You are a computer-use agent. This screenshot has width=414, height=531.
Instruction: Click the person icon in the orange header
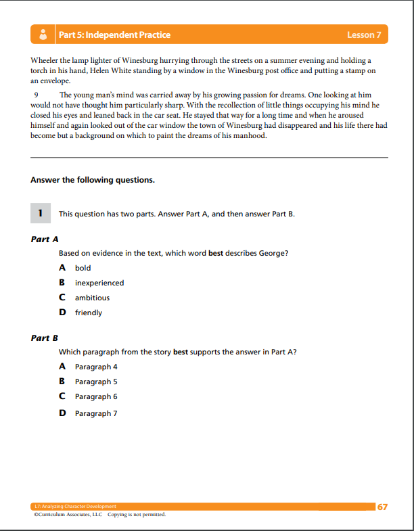(x=43, y=34)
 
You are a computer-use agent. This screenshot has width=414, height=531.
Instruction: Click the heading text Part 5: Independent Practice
(x=114, y=34)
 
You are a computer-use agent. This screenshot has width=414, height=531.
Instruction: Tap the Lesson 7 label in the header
(x=364, y=34)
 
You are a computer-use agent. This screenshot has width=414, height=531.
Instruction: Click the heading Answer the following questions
(x=93, y=180)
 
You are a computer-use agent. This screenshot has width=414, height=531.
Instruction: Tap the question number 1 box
(x=40, y=213)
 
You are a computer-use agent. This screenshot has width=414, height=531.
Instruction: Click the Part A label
(x=45, y=239)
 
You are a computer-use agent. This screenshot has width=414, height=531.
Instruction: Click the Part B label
(x=45, y=338)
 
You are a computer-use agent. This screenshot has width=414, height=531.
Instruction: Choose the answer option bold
(x=83, y=268)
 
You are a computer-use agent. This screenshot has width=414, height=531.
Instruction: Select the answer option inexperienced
(x=99, y=283)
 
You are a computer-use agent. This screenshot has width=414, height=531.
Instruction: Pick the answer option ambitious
(x=92, y=298)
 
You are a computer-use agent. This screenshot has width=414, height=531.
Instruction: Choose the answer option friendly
(x=88, y=313)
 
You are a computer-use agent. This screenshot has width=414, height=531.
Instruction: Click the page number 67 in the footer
(x=382, y=507)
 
